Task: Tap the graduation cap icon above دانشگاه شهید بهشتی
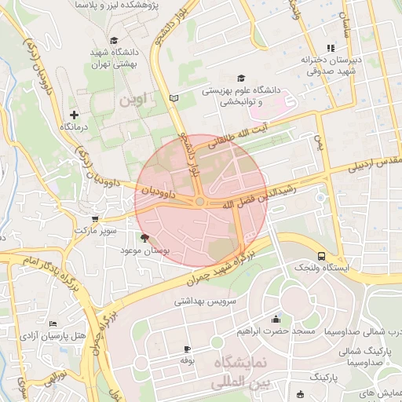click(114, 40)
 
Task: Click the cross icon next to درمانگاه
click(75, 115)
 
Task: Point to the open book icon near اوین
click(174, 98)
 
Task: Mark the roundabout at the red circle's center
click(200, 202)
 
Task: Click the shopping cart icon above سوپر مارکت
click(95, 220)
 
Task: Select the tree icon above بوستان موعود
click(144, 237)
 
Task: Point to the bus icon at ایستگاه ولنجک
click(321, 256)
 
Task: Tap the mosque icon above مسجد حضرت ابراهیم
click(276, 320)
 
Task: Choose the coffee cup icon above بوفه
click(187, 349)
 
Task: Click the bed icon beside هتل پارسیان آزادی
click(53, 323)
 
